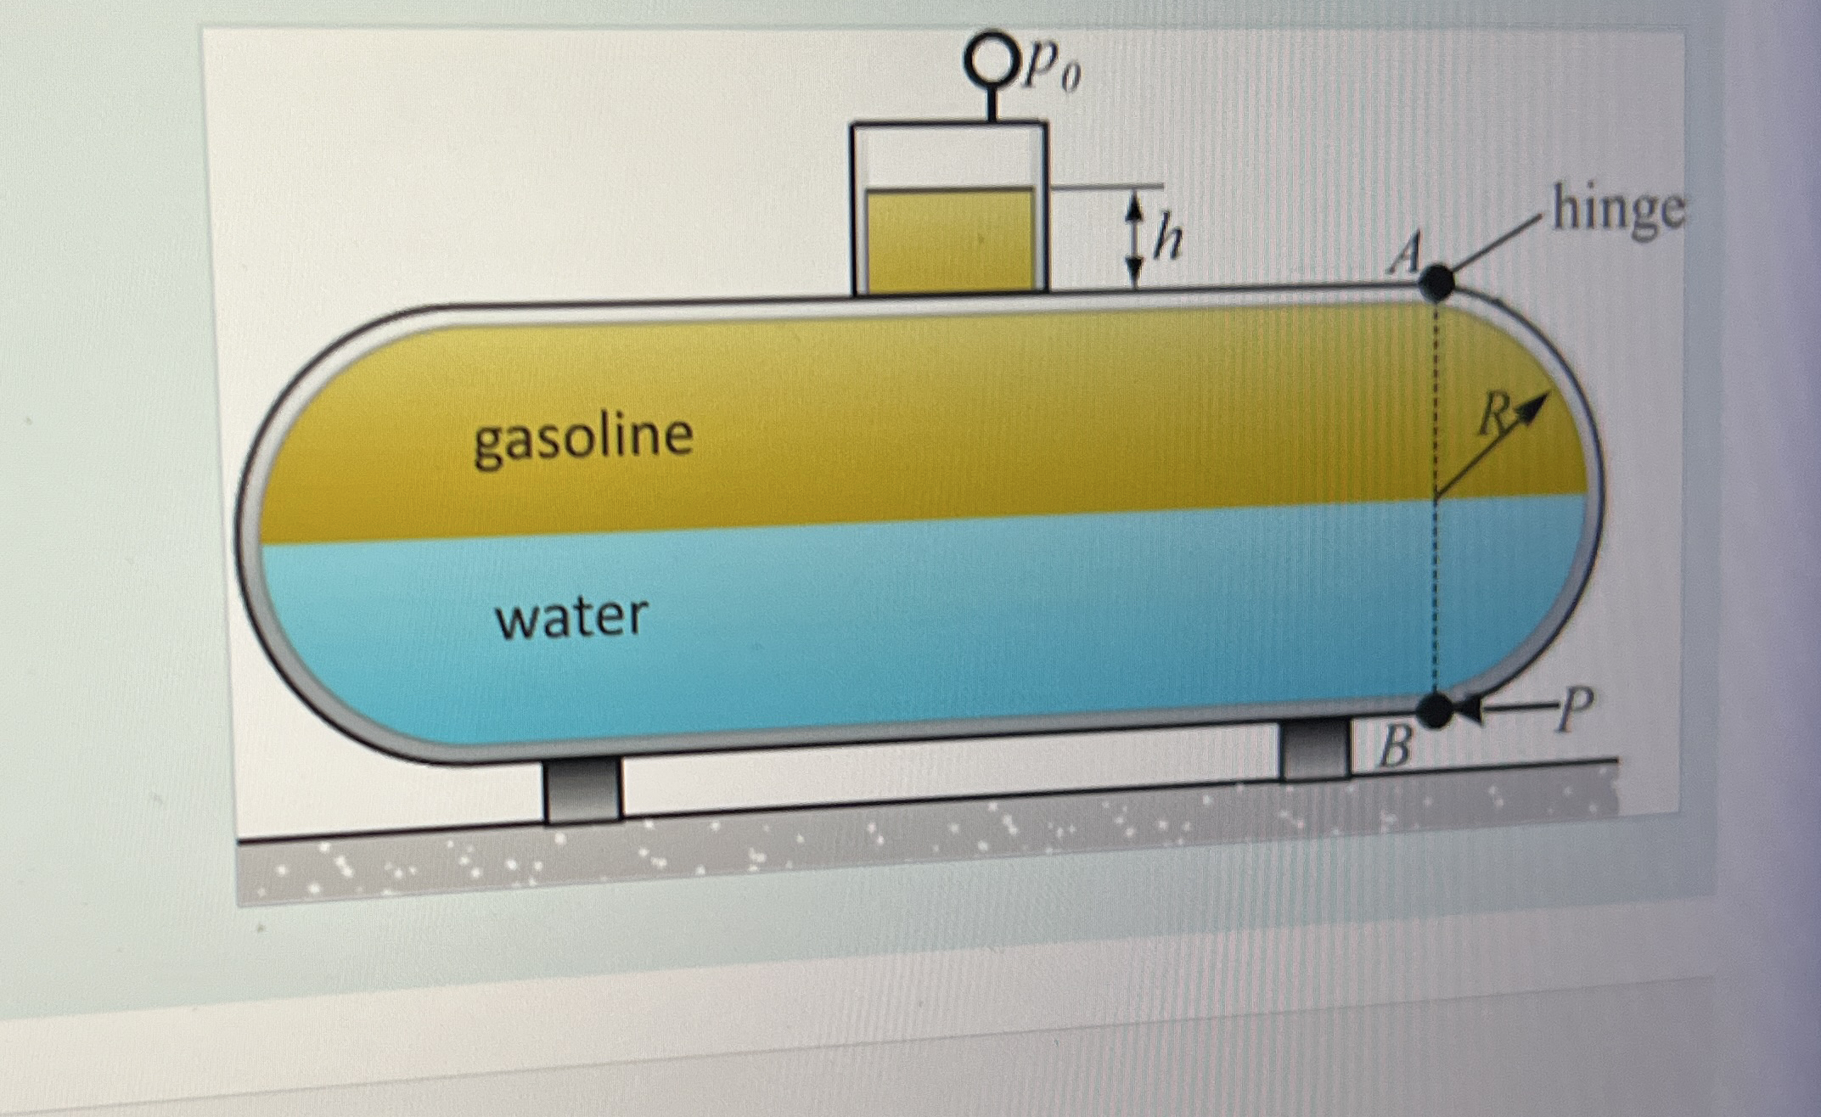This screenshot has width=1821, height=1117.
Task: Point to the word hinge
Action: pos(1618,210)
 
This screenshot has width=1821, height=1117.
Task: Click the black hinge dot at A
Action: pos(1436,283)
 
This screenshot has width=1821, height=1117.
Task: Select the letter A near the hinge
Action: pos(1404,254)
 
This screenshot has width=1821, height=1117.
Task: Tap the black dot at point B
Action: pos(1436,710)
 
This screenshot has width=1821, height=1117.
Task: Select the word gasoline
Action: pos(583,439)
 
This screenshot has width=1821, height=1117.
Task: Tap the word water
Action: pos(571,617)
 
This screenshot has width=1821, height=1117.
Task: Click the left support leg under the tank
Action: pos(582,790)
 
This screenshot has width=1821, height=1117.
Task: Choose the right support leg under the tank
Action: pos(1314,748)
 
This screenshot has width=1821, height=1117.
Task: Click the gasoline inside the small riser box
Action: pos(949,241)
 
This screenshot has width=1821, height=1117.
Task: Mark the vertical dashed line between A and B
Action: pos(1436,497)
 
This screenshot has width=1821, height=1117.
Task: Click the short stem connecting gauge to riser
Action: pos(990,104)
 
